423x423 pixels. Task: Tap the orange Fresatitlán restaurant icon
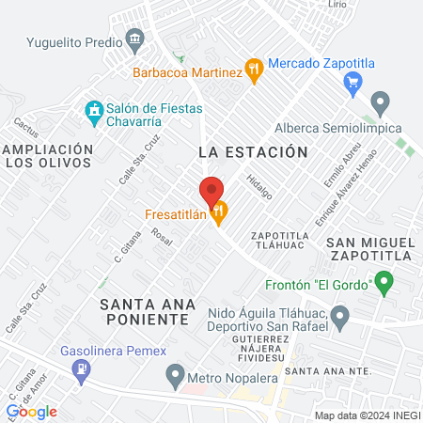(220, 213)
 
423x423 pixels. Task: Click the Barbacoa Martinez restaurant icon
(253, 68)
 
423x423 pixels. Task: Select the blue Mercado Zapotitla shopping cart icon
(353, 81)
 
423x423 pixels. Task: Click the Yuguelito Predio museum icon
(136, 39)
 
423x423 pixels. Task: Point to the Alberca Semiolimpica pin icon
(380, 101)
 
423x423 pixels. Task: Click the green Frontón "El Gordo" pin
(384, 280)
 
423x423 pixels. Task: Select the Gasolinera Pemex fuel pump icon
(83, 370)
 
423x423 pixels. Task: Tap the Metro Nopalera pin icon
(174, 378)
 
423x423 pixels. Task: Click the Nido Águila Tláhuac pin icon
(341, 315)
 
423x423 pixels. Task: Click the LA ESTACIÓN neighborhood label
(253, 151)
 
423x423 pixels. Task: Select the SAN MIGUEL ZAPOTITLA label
(369, 248)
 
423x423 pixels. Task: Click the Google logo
(32, 411)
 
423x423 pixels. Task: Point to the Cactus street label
(25, 125)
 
